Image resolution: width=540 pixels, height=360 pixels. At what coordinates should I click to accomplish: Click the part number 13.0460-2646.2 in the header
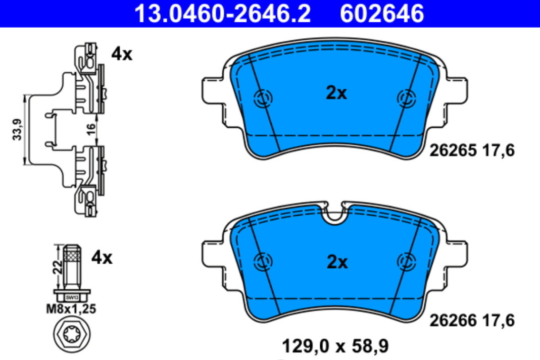222,14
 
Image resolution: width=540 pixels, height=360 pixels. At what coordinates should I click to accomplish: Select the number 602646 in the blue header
381,14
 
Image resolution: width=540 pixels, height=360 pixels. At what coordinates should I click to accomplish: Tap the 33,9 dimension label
17,129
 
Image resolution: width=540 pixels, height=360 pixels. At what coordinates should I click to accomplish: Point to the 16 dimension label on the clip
91,129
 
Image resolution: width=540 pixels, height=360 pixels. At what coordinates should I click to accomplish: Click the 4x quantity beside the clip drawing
122,55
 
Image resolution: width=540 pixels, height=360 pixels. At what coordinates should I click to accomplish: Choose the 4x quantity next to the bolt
102,258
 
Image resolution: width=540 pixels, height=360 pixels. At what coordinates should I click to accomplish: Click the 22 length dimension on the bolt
58,267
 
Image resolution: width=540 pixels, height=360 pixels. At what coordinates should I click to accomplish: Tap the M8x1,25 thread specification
71,308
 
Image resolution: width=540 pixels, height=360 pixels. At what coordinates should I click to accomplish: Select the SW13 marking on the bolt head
72,297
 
